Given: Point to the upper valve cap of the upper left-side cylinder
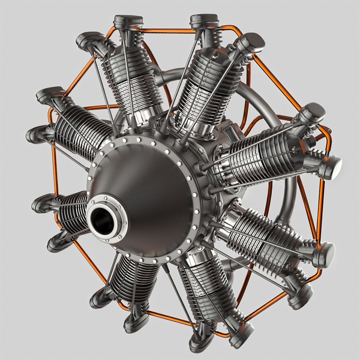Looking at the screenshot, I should (50, 94).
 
